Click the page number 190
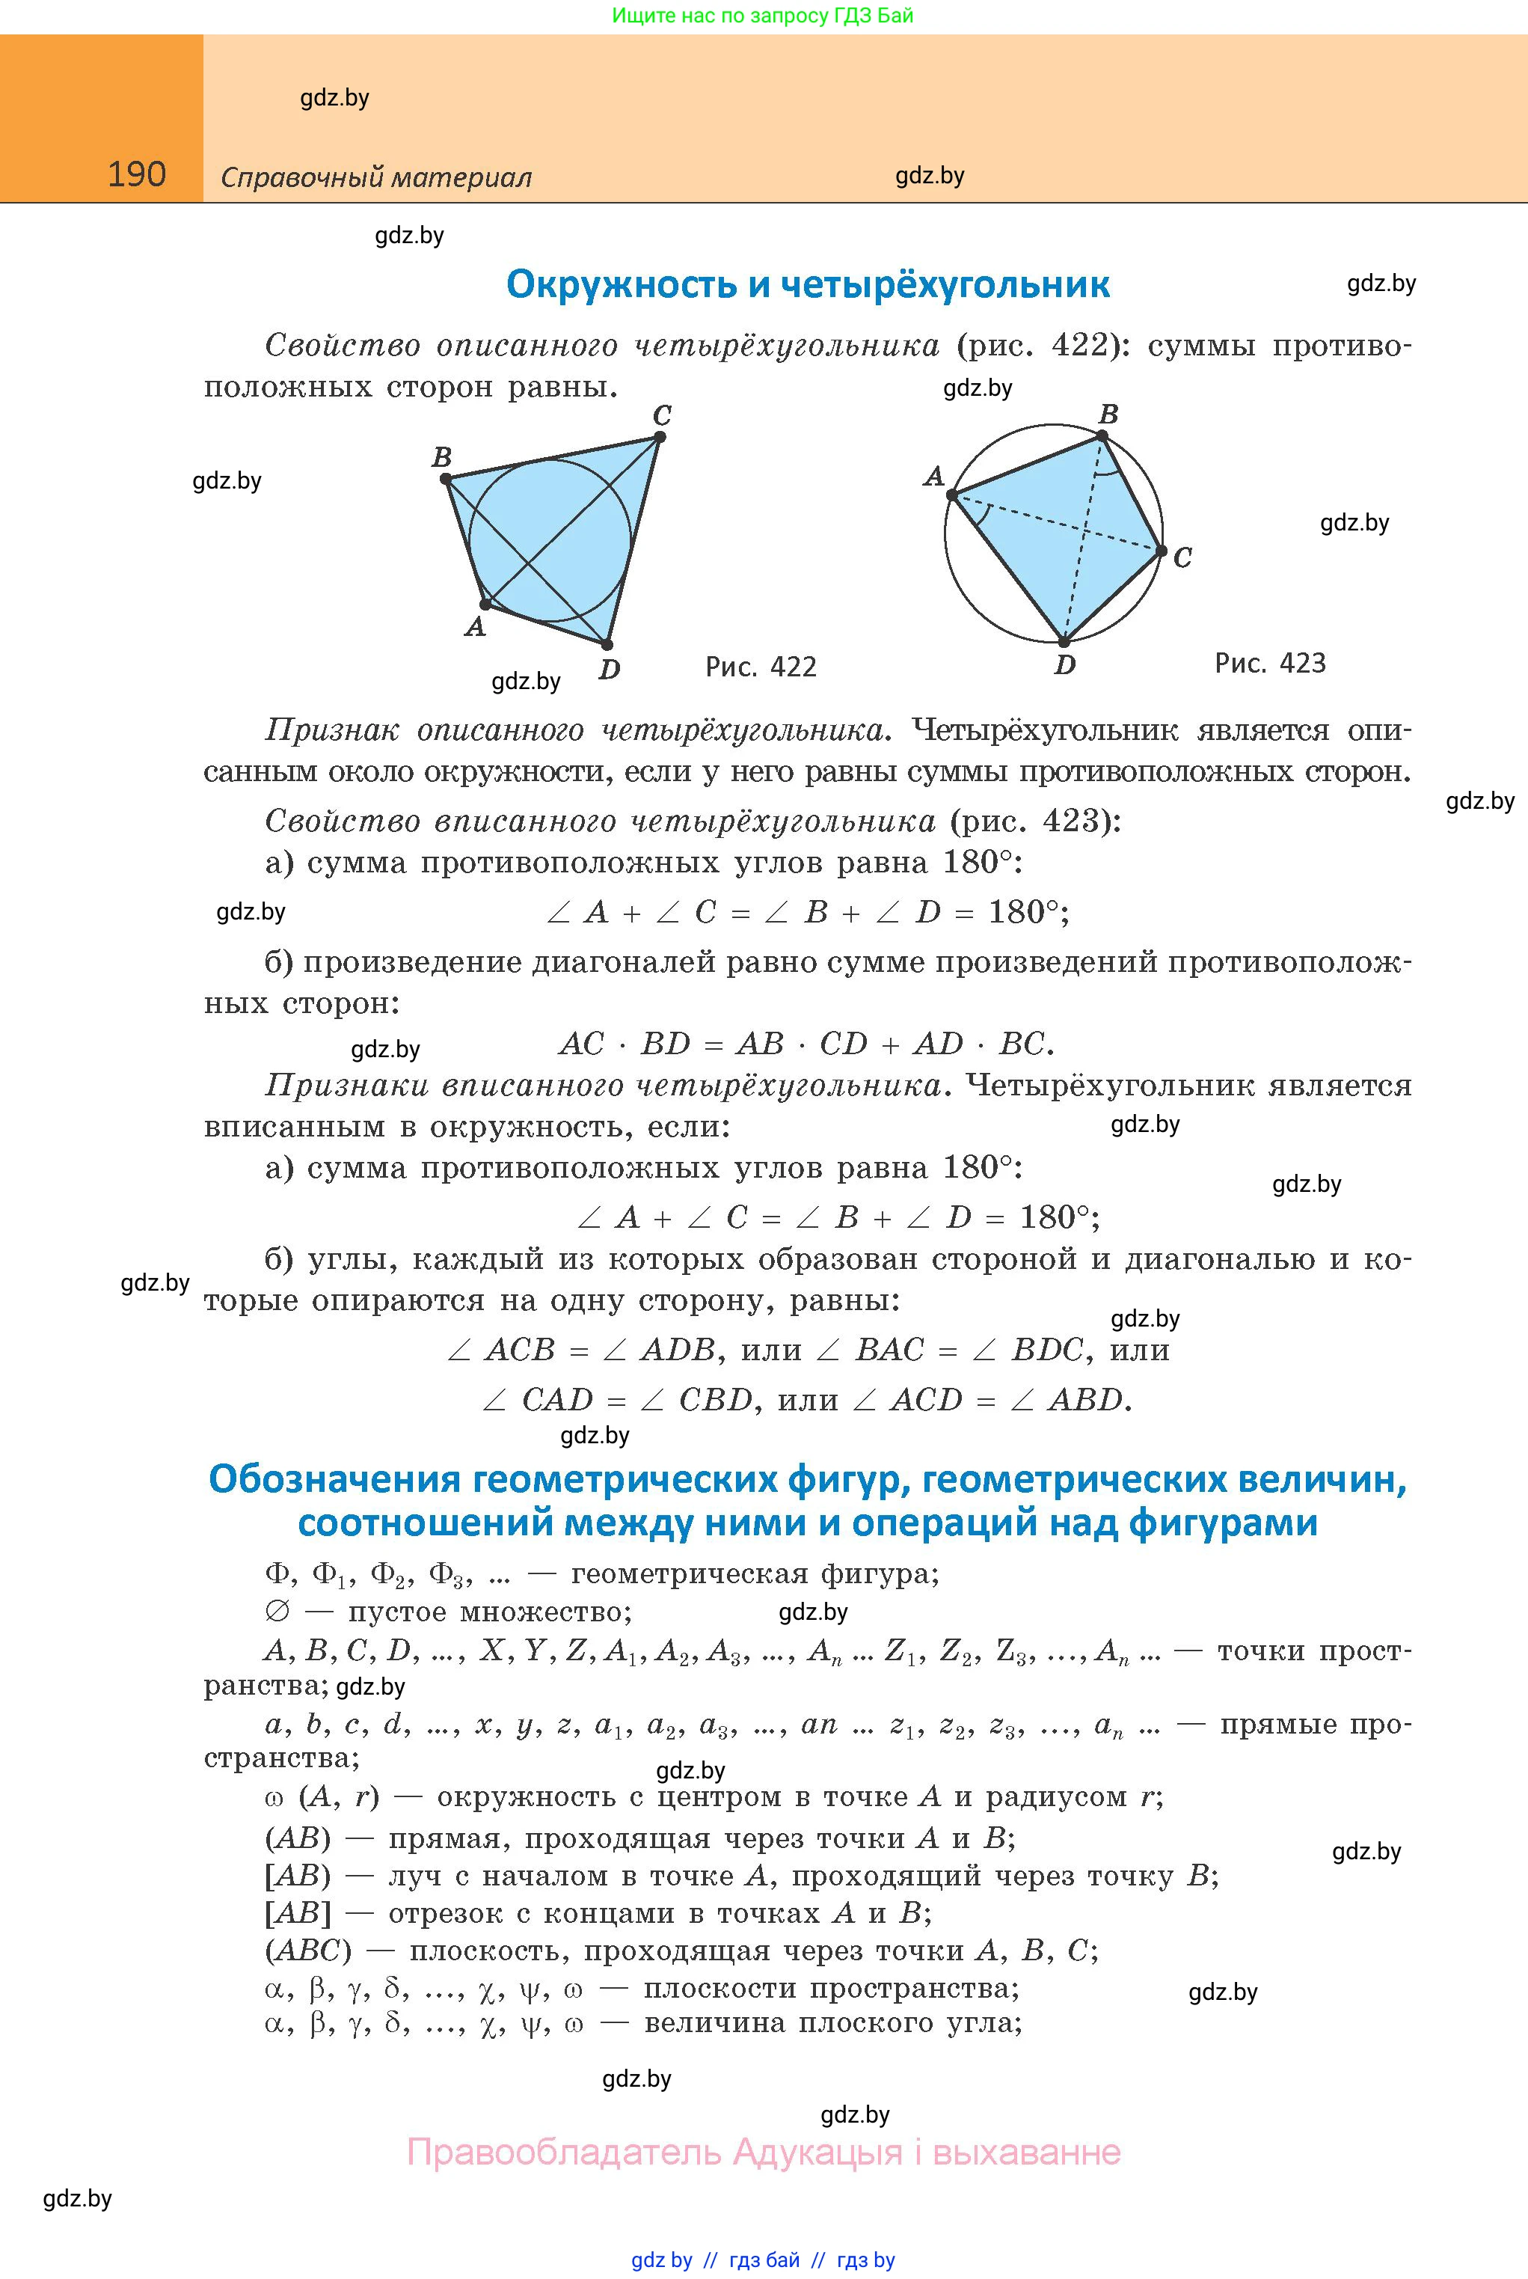coord(136,174)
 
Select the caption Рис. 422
coord(760,667)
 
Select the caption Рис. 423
coord(1270,664)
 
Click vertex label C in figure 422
coord(662,416)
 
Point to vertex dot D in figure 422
coord(606,644)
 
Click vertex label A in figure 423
coord(933,477)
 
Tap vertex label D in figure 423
coord(1065,666)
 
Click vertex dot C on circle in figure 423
coord(1162,551)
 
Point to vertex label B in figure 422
coord(441,457)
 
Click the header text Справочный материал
coord(376,178)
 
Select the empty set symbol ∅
coord(277,1612)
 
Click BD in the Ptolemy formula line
coord(666,1044)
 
